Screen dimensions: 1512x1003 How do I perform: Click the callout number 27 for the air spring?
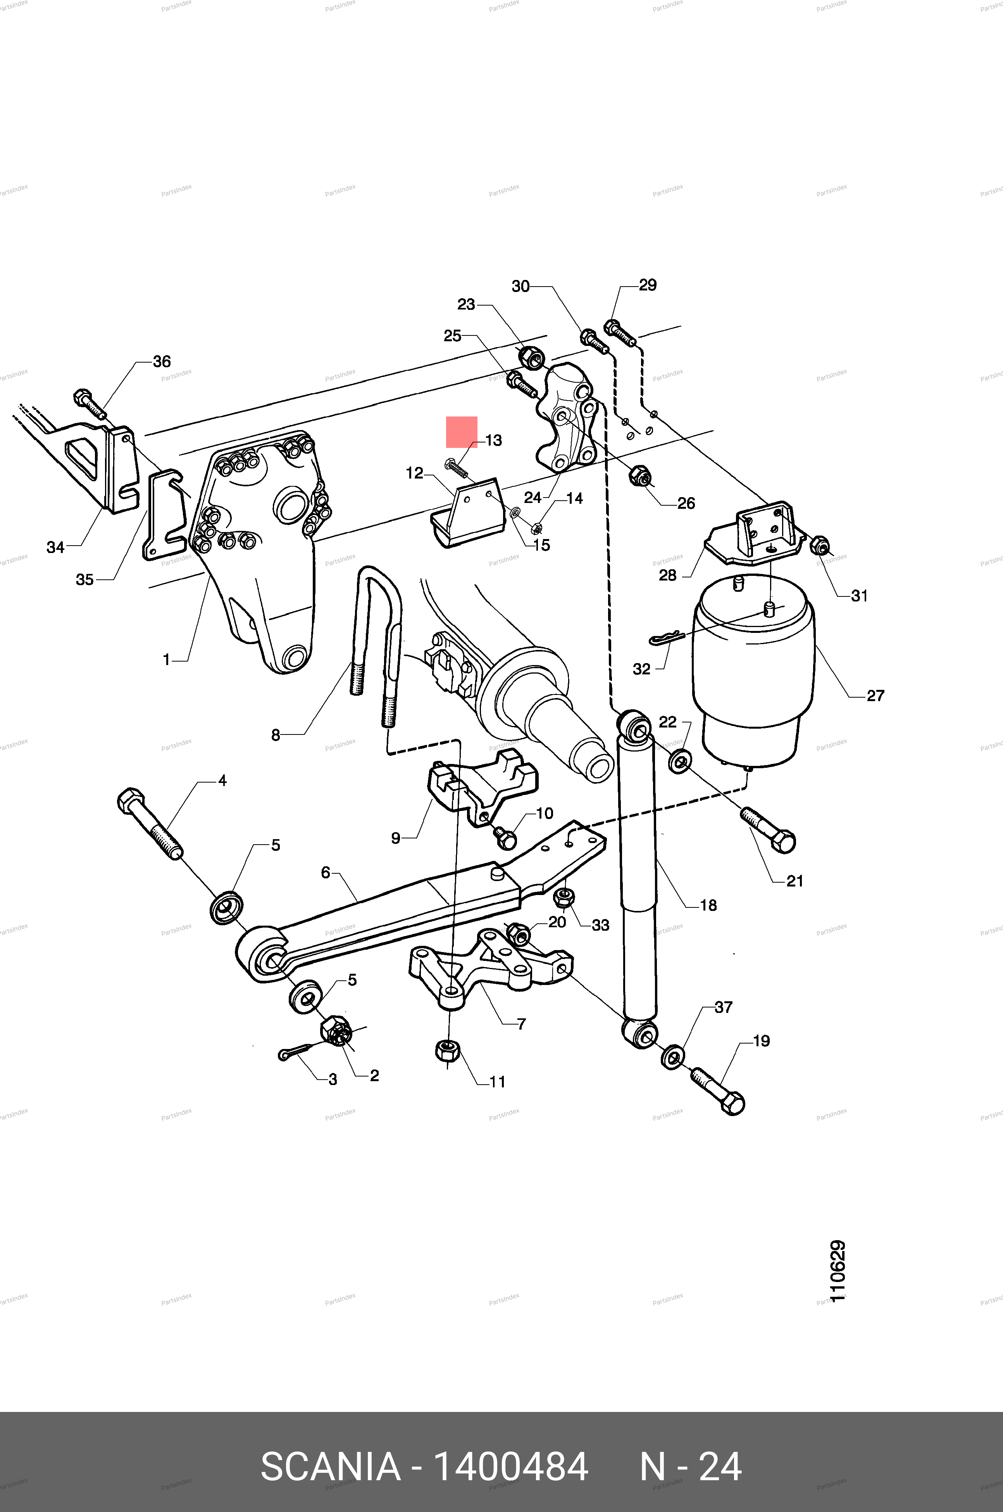coord(875,696)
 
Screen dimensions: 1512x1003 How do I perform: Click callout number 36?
coord(162,361)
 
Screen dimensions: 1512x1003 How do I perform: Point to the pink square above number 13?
coord(461,432)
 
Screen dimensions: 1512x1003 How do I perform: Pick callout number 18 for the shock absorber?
coord(708,905)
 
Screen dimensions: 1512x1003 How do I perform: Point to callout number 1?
coord(166,660)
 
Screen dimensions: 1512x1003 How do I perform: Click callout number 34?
coord(56,547)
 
